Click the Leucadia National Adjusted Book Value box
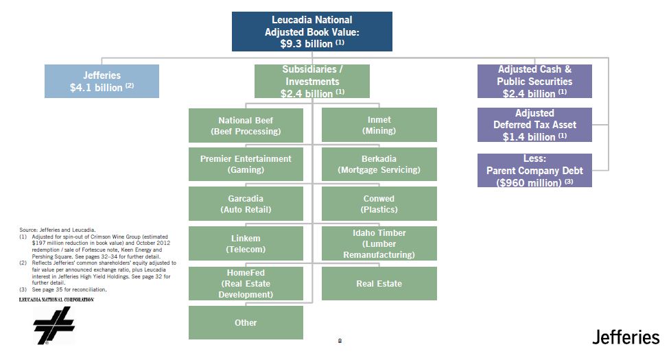tap(311, 32)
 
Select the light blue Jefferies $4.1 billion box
tap(102, 81)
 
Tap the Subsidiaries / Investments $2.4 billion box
tap(311, 81)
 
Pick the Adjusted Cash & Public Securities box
tap(534, 81)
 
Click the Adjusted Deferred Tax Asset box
tap(534, 124)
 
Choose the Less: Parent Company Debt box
tap(534, 170)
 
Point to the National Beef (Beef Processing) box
tap(246, 125)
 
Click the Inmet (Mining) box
tap(379, 125)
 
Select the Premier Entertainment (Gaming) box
tap(246, 164)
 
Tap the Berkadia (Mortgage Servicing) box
tap(379, 164)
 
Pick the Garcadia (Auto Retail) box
tap(246, 204)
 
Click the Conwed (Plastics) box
tap(379, 204)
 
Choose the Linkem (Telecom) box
tap(246, 243)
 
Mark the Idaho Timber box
tap(379, 243)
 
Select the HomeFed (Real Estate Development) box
tap(246, 283)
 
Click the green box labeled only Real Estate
tap(379, 283)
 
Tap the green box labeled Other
tap(246, 322)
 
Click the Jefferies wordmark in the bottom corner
tap(626, 337)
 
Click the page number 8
tap(340, 340)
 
